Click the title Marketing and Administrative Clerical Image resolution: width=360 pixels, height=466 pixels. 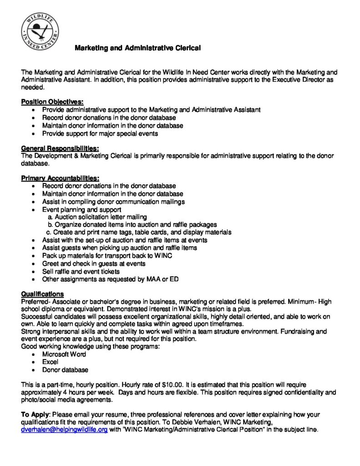137,47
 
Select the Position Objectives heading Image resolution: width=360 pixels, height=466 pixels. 52,102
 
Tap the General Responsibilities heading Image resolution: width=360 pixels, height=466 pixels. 60,148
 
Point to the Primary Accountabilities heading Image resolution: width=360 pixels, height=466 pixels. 60,178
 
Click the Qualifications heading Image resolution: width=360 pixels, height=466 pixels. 42,294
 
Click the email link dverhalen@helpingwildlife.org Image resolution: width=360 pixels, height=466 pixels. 65,429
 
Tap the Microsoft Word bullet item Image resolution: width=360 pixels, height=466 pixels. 64,354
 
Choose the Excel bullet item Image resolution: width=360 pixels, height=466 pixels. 50,362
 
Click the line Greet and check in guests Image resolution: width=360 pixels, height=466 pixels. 94,263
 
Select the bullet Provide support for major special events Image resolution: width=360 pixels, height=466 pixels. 100,133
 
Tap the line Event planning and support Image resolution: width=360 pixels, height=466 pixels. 81,209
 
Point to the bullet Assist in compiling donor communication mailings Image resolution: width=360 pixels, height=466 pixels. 113,202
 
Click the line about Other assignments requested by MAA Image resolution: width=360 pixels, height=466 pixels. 110,279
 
